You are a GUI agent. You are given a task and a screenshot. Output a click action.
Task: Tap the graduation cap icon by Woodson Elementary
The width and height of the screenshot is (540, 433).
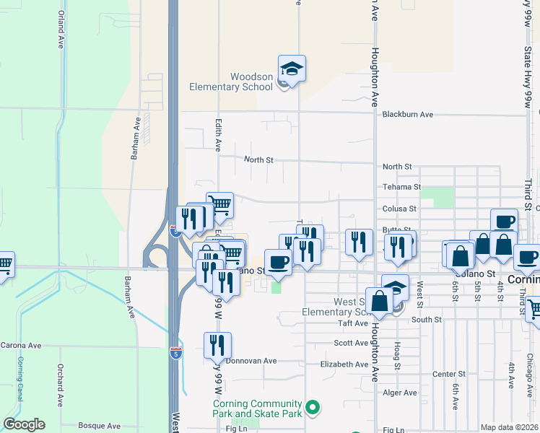point(292,69)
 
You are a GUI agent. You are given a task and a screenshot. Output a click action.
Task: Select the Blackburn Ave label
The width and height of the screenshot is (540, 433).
point(407,114)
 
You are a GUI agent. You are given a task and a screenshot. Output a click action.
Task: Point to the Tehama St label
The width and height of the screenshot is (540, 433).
point(401,186)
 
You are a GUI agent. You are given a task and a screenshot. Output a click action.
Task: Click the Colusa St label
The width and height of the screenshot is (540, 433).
point(399,209)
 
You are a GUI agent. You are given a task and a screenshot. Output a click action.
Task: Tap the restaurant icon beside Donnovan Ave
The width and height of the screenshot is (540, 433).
point(217,346)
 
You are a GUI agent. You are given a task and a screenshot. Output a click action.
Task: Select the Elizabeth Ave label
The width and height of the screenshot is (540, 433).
point(344,364)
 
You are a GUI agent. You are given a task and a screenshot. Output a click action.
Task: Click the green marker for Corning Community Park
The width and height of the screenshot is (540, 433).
point(313,408)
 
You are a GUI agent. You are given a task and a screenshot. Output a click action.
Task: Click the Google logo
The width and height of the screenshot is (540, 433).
point(24,424)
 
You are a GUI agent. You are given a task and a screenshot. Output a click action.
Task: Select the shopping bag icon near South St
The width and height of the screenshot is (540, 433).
point(379,302)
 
